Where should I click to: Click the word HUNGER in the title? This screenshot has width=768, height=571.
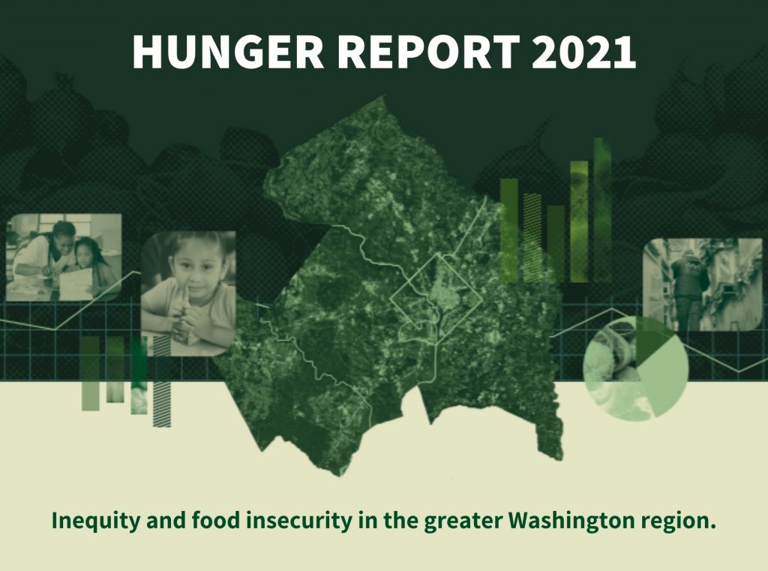[228, 52]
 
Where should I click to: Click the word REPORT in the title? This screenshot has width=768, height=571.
[428, 52]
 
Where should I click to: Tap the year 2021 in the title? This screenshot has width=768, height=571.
[583, 52]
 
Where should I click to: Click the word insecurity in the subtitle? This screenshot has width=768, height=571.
[298, 520]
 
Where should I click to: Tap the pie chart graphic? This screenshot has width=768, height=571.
[636, 368]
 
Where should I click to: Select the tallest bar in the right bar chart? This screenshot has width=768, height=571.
[602, 210]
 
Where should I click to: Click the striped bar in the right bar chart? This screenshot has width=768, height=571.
[532, 238]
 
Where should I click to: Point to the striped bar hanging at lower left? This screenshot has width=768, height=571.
[162, 381]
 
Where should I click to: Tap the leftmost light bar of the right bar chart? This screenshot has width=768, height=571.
[509, 230]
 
